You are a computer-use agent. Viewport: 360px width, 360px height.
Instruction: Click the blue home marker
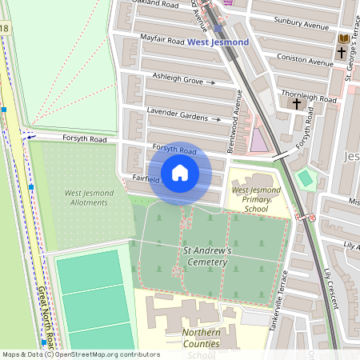(180, 173)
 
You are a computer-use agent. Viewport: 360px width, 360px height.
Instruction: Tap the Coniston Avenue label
(304, 60)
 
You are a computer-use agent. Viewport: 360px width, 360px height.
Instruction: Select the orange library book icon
(343, 38)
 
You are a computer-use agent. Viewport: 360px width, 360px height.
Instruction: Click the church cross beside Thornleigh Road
(297, 103)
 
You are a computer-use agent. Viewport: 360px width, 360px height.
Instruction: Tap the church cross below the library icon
(342, 53)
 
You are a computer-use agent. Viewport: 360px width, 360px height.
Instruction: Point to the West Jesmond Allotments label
(86, 198)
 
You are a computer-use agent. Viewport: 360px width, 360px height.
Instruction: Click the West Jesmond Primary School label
(255, 199)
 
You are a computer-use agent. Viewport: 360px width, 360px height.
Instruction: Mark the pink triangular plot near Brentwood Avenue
(258, 142)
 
